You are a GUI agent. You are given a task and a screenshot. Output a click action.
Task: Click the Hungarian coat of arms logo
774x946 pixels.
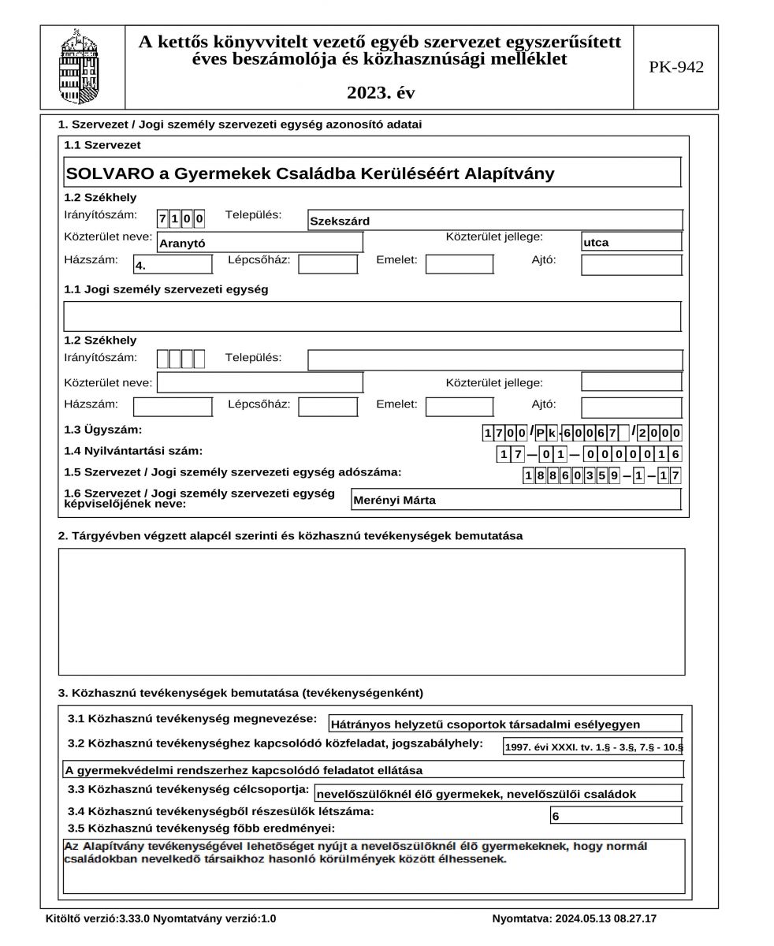point(82,67)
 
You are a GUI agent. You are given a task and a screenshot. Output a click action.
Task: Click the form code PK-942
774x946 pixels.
point(675,68)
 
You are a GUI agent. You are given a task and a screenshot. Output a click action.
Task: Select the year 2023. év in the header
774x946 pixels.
point(380,93)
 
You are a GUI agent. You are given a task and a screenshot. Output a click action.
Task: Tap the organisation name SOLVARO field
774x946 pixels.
point(372,173)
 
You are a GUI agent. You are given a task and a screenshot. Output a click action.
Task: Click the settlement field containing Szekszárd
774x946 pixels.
point(494,221)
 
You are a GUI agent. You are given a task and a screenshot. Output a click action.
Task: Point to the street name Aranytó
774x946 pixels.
point(259,243)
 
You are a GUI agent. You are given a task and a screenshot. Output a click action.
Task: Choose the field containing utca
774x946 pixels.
point(631,242)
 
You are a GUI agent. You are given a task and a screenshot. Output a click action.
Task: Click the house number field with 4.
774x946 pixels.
point(173,265)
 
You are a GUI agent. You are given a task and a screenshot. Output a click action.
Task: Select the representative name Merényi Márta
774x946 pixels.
point(515,500)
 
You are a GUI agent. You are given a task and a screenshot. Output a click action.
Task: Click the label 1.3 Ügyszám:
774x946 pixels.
point(103,430)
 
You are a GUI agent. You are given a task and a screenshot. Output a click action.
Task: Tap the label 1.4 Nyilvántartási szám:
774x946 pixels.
point(133,451)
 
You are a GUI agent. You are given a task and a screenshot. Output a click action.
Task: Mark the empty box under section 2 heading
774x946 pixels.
point(371,611)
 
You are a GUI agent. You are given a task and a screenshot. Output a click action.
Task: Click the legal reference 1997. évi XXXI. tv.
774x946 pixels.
point(593,747)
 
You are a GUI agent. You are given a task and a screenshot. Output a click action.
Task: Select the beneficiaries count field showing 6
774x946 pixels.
point(615,816)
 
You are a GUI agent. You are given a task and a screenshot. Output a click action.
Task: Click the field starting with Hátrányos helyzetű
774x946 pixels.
point(504,724)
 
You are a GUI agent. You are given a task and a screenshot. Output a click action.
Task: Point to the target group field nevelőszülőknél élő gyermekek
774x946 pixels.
point(497,794)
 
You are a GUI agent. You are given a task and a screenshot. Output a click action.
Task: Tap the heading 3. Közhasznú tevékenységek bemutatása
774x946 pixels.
point(240,693)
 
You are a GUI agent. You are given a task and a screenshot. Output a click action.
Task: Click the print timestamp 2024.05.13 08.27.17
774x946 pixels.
point(574,918)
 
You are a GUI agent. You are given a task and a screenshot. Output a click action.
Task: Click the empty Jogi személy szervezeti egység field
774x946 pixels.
point(371,316)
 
